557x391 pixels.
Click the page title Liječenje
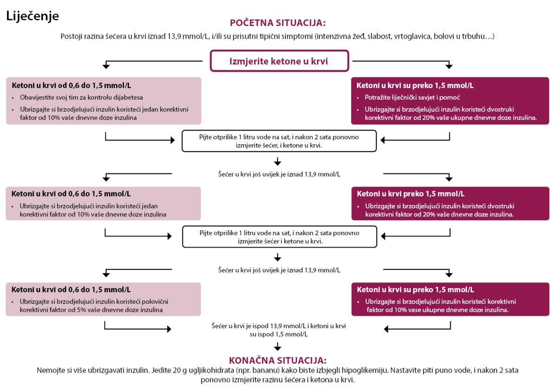(x=32, y=16)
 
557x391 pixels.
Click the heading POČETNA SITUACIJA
(x=278, y=23)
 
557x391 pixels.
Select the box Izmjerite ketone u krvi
(x=279, y=61)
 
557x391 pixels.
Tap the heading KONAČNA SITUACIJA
(x=278, y=360)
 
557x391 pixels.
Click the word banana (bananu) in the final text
(x=266, y=371)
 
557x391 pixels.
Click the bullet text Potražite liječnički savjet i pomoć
(x=412, y=97)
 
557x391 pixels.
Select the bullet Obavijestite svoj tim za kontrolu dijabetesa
(x=81, y=97)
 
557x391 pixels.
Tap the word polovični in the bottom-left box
(x=155, y=301)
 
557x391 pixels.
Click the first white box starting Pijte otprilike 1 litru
(x=279, y=141)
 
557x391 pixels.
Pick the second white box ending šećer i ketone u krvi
(x=279, y=237)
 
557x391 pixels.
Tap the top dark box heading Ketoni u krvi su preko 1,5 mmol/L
(x=415, y=85)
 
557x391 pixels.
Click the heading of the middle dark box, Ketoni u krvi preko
(x=410, y=194)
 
